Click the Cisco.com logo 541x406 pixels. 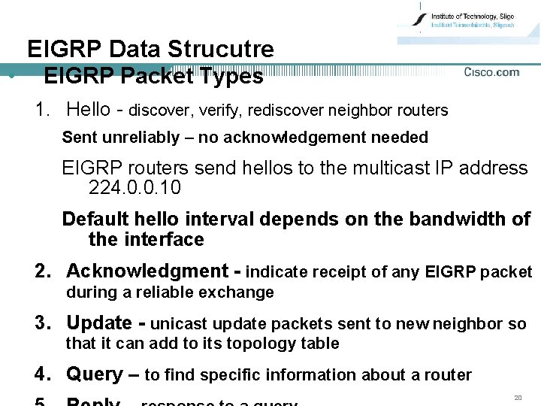pos(491,72)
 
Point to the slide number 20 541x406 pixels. pos(518,396)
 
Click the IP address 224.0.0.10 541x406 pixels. pos(134,188)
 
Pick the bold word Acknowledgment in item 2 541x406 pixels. pos(147,271)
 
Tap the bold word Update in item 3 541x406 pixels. pos(99,323)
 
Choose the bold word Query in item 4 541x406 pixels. pos(94,374)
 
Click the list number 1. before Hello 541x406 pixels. pos(44,110)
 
